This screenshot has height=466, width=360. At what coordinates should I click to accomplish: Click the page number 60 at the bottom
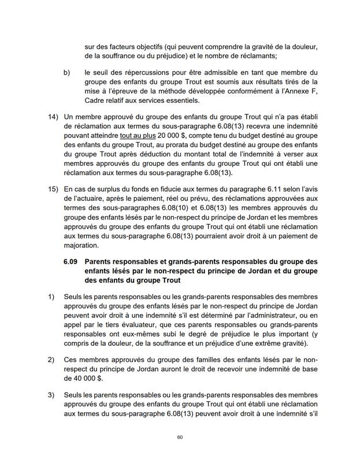click(x=180, y=437)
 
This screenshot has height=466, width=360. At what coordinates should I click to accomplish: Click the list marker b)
click(x=67, y=72)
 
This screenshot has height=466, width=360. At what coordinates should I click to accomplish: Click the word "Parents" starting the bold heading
click(x=100, y=262)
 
